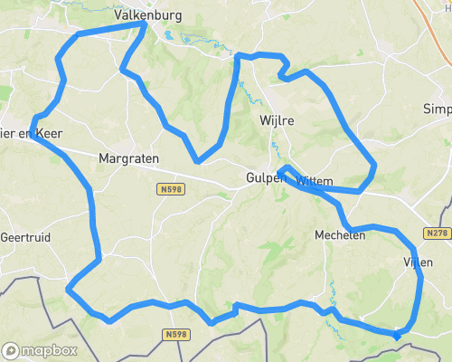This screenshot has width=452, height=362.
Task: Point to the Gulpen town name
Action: (266, 178)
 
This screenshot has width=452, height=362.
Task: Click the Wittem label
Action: (315, 181)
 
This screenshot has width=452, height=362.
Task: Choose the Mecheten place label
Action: (339, 234)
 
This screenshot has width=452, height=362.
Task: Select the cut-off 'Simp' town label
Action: (437, 109)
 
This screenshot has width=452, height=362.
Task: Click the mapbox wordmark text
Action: (50, 350)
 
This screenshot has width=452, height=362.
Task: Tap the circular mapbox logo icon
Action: (12, 350)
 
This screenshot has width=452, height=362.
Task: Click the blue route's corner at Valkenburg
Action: (145, 25)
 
